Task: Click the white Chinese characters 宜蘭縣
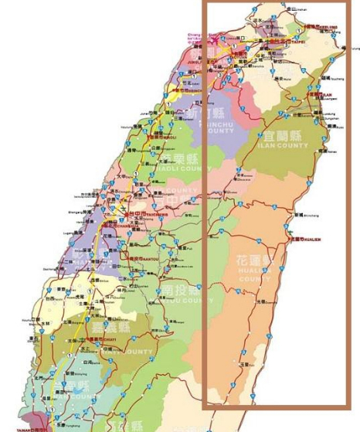pos(286,135)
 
